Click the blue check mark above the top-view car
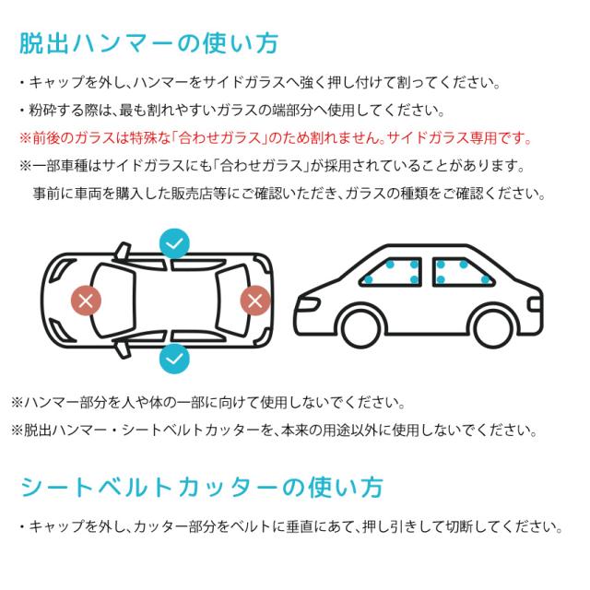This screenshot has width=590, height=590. pyautogui.click(x=173, y=243)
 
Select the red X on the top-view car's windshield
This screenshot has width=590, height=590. pyautogui.click(x=88, y=300)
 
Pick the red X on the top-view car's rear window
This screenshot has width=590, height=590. pyautogui.click(x=255, y=300)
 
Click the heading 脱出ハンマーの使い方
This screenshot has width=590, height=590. pyautogui.click(x=148, y=43)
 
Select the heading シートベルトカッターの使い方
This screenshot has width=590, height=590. pyautogui.click(x=200, y=487)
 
